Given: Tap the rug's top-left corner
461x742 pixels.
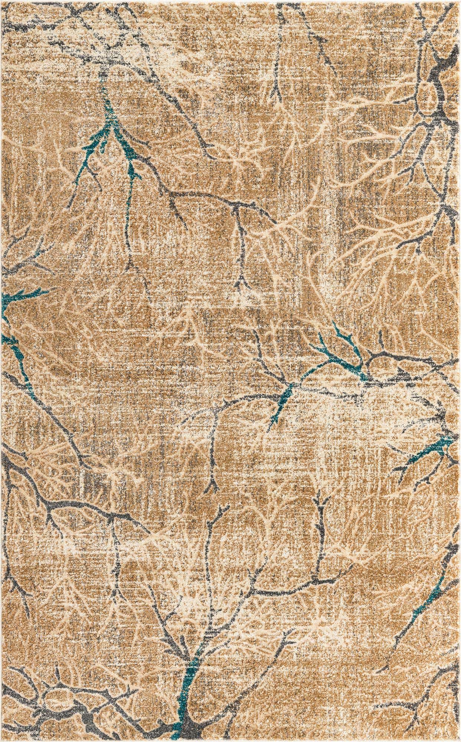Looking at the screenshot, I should click(2, 2).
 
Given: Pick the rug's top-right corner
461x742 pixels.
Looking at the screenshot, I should click(459, 2).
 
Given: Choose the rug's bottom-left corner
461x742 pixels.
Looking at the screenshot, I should click(2, 740).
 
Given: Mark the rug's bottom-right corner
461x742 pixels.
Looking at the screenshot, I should click(459, 740).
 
